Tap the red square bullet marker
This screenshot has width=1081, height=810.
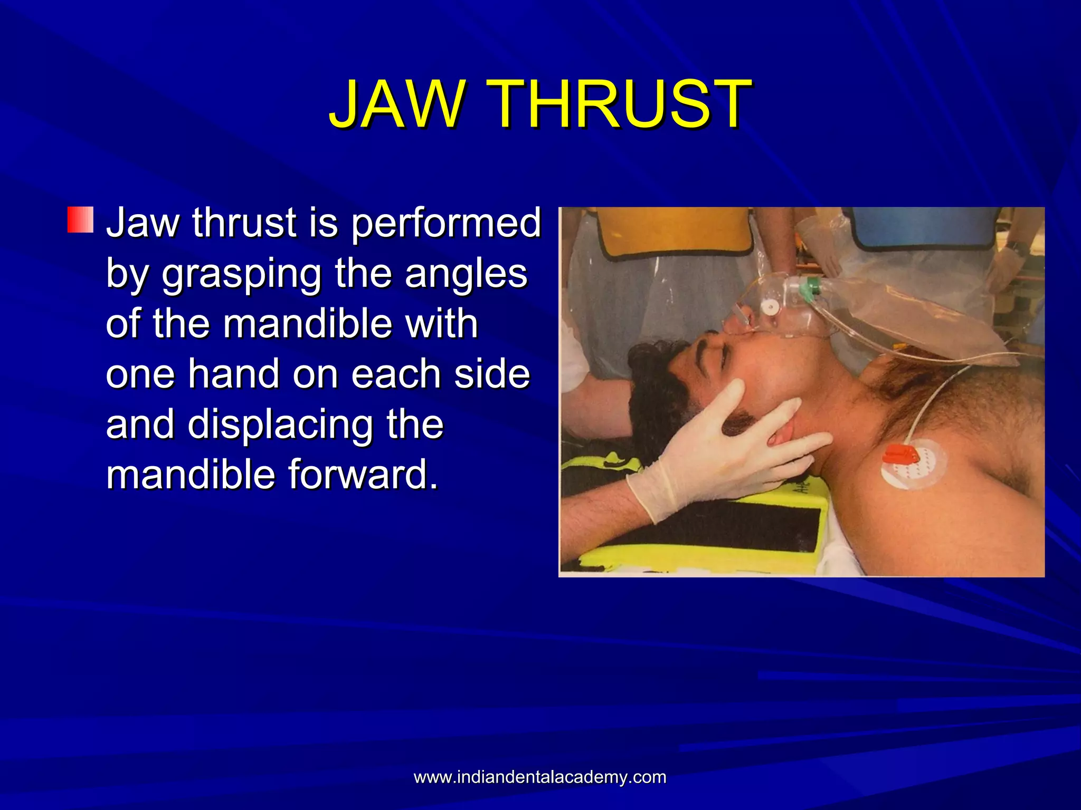click(80, 220)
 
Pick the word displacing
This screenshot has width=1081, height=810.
click(280, 425)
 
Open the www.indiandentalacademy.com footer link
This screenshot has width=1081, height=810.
click(540, 777)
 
